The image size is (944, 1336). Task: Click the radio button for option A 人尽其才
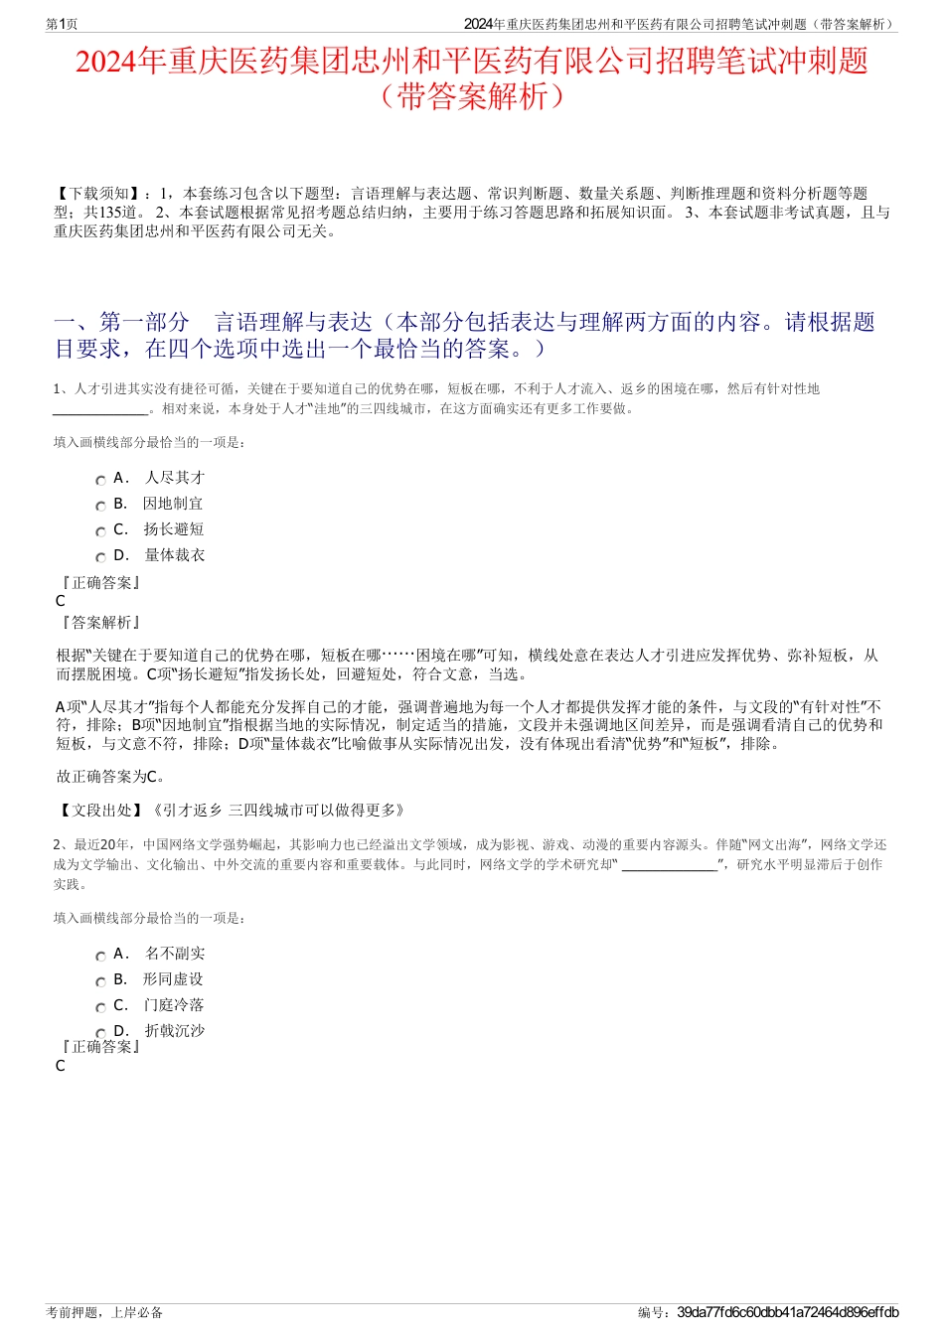click(x=100, y=480)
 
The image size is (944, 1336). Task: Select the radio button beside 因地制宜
click(x=100, y=506)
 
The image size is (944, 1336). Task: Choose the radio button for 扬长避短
click(x=100, y=531)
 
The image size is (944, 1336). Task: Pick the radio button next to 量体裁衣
click(x=100, y=557)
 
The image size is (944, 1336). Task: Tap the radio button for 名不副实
click(x=100, y=956)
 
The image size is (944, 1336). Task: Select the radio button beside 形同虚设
click(x=100, y=981)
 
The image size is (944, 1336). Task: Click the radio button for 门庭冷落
click(x=100, y=1007)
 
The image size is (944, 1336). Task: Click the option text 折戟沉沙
click(x=175, y=1031)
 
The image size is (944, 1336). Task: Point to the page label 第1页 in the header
click(x=63, y=24)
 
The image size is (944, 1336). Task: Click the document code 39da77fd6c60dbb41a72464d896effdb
click(x=787, y=1312)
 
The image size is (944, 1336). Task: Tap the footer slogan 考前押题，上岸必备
click(x=104, y=1312)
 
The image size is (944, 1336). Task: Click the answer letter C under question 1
click(x=61, y=601)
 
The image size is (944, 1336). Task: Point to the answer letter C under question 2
click(x=61, y=1066)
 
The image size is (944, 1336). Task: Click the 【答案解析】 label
click(x=100, y=623)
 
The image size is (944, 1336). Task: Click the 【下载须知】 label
click(x=98, y=194)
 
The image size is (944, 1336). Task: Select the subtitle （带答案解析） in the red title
click(x=472, y=97)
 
